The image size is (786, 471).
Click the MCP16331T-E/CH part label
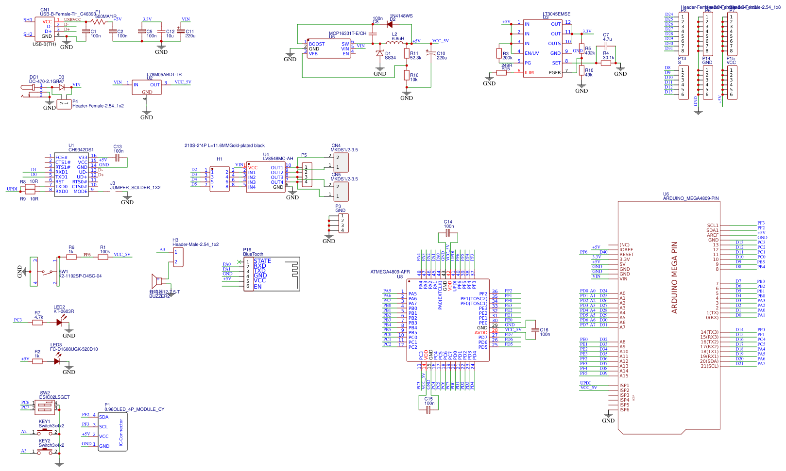(347, 33)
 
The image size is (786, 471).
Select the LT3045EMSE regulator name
(556, 14)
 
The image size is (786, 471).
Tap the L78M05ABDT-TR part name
(164, 75)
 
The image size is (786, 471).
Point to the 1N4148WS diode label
(401, 16)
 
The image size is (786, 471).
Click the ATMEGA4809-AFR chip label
(390, 272)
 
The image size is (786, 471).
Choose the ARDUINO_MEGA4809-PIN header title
(691, 198)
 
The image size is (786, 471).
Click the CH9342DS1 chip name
(81, 150)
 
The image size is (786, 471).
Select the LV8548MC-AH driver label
(278, 159)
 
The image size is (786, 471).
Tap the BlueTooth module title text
(253, 254)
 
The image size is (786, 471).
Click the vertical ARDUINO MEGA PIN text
(674, 277)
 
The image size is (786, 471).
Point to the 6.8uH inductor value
(398, 39)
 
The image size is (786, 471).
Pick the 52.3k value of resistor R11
(416, 58)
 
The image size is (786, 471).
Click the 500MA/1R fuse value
(105, 16)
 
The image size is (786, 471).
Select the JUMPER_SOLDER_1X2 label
(135, 188)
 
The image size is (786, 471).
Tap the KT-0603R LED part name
(64, 311)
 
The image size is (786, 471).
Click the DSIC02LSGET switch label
(54, 397)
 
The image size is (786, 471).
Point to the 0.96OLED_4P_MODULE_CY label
(135, 409)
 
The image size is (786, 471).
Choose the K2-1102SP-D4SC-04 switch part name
(80, 276)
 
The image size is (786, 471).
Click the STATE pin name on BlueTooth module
(262, 261)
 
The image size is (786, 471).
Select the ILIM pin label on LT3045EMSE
(529, 73)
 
